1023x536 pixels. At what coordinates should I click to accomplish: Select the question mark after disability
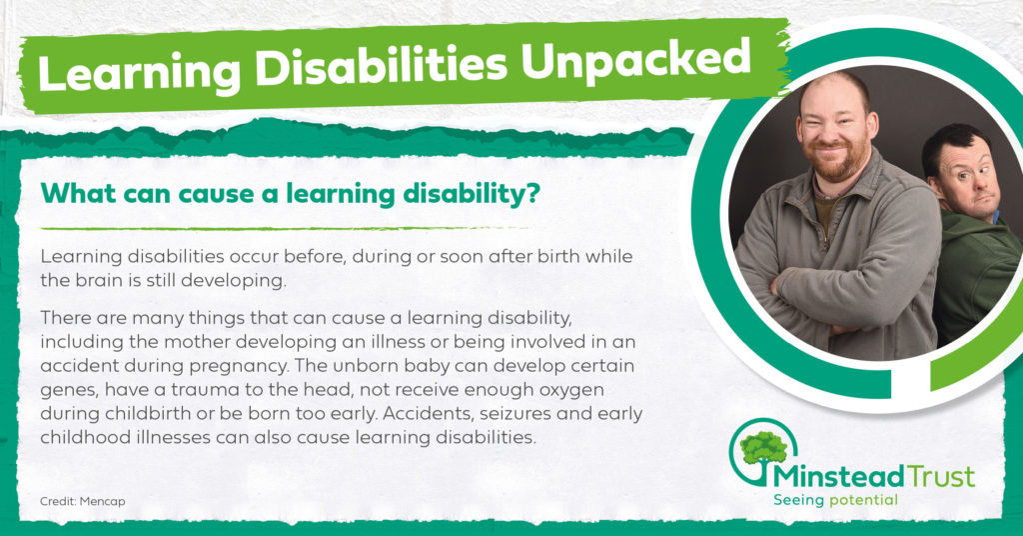[x=533, y=193]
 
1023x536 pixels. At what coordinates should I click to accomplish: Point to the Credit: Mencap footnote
[x=82, y=501]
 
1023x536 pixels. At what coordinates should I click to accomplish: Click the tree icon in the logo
[x=763, y=450]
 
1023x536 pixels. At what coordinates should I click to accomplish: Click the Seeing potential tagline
[x=836, y=500]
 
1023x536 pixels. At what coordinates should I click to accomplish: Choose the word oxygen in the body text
[x=571, y=390]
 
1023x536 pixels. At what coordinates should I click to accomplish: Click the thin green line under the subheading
[x=285, y=229]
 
